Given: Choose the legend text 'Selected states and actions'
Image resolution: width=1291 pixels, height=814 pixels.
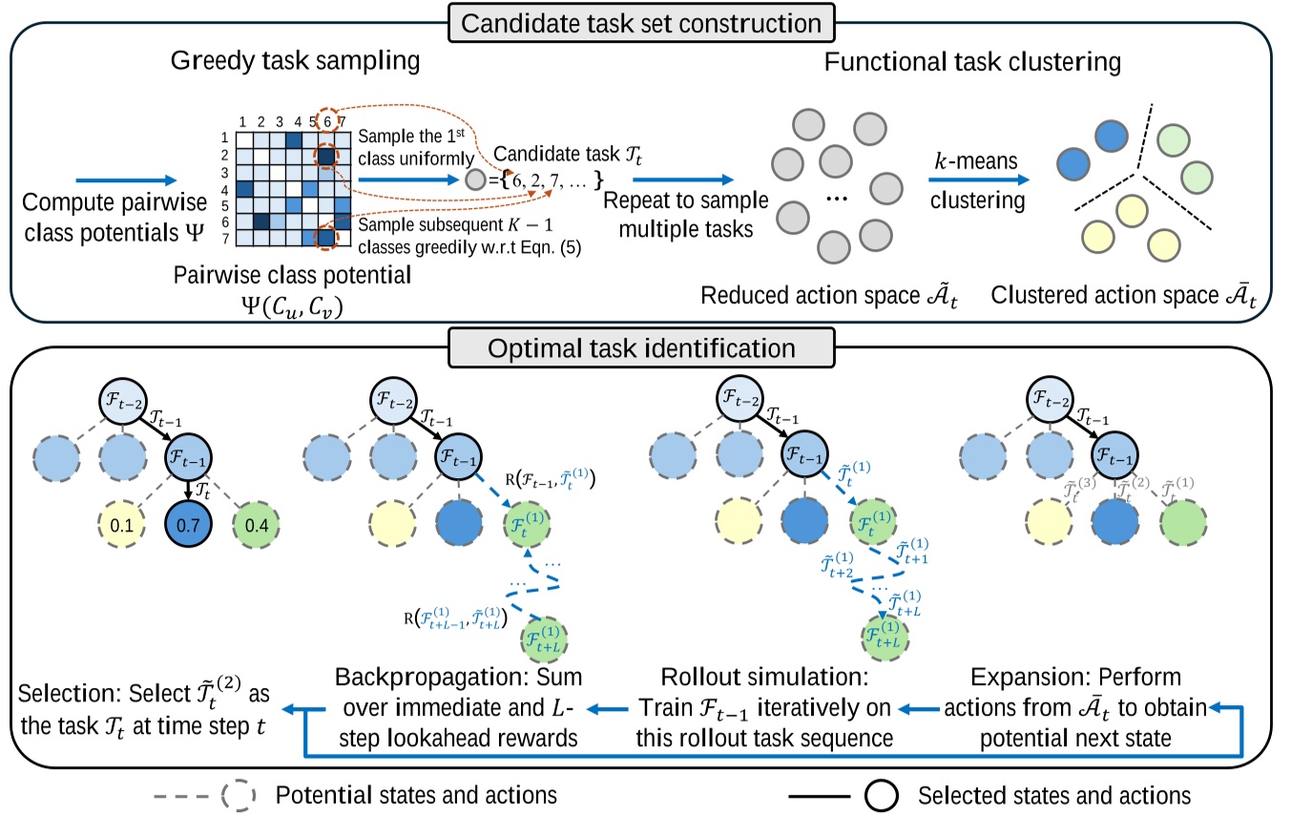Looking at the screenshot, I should (x=1053, y=793).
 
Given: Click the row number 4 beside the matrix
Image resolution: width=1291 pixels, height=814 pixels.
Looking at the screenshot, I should (x=224, y=188).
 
